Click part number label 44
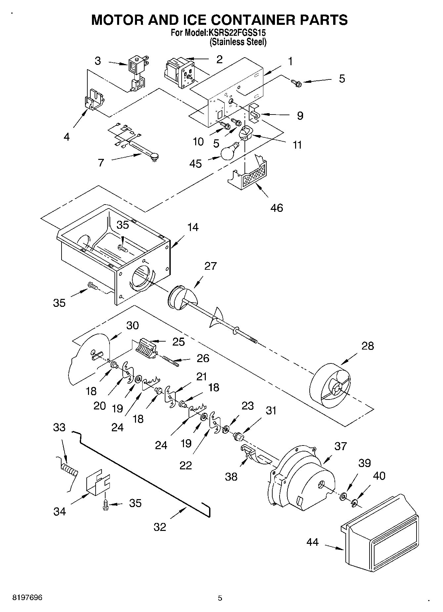click(x=312, y=542)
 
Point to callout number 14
click(x=193, y=227)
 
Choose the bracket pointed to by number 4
click(x=94, y=99)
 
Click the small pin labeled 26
click(x=171, y=361)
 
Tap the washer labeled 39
click(x=343, y=496)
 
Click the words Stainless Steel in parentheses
click(x=238, y=42)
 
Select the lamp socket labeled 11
click(x=246, y=133)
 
